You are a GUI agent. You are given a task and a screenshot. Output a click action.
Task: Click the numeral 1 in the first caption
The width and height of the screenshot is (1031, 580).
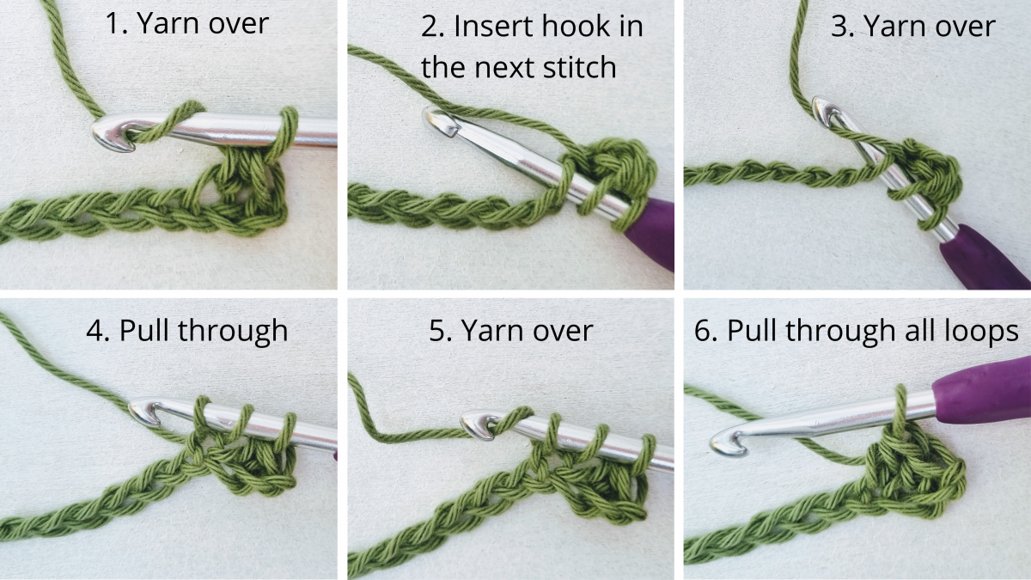112,23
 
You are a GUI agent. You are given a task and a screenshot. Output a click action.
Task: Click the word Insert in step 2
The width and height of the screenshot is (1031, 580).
492,27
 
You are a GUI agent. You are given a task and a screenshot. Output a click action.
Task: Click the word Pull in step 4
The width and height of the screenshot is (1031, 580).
143,330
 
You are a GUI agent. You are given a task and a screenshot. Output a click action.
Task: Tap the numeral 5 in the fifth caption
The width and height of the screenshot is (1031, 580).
437,331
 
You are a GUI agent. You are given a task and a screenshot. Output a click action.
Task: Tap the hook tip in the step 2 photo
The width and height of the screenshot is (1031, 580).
431,118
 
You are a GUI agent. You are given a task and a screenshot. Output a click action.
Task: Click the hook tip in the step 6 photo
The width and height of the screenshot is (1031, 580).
718,446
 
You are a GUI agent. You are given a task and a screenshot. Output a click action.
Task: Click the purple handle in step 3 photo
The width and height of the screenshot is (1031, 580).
980,260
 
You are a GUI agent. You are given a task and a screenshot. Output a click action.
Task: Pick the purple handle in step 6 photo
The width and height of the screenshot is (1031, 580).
983,391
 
